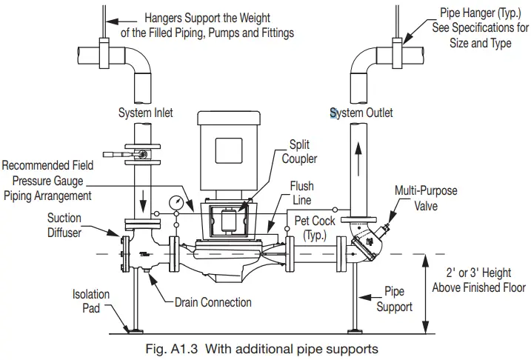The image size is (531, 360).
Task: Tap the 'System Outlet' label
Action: coord(361,113)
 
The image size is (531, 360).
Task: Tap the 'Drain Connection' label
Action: coord(213,302)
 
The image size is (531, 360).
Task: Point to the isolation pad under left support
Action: coord(133,330)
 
